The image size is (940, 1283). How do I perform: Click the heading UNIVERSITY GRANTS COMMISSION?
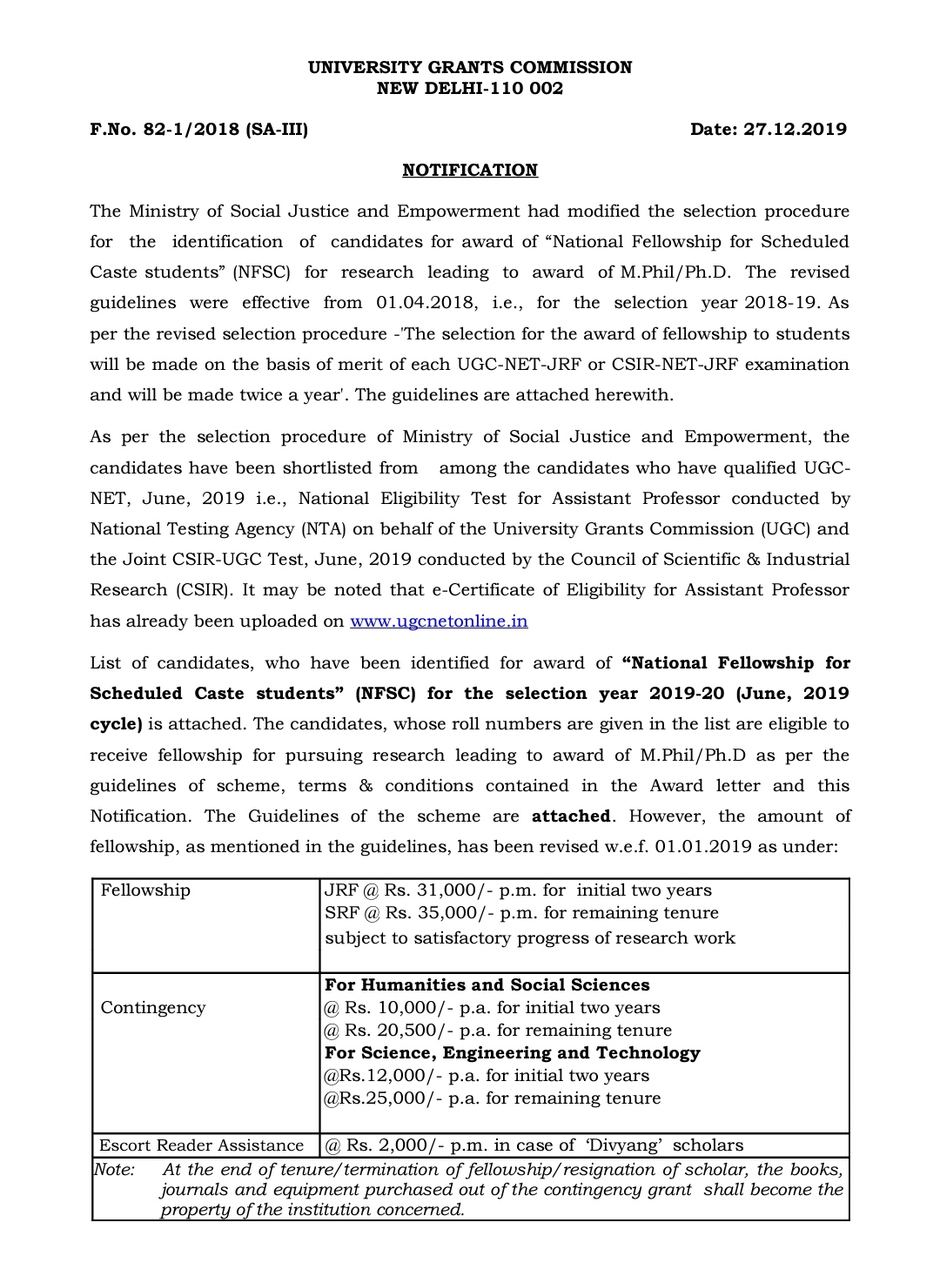tap(470, 67)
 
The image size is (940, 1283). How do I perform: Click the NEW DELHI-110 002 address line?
tap(470, 89)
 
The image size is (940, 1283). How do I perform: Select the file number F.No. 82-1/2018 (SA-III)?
tap(198, 130)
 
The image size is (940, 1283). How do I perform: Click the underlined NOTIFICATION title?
tap(470, 171)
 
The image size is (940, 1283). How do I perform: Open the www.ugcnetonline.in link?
tap(439, 621)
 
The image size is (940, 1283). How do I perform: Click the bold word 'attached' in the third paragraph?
tap(571, 816)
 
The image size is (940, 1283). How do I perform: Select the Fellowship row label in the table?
tap(145, 890)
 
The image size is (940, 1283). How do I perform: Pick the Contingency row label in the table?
tap(153, 1008)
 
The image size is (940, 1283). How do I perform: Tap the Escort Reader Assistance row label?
tap(201, 1145)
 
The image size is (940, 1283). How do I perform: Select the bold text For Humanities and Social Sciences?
tap(487, 985)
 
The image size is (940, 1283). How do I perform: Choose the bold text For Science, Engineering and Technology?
tap(512, 1053)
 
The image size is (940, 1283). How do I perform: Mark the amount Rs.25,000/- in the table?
tap(385, 1098)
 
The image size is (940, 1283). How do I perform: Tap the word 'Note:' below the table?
tap(114, 1170)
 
